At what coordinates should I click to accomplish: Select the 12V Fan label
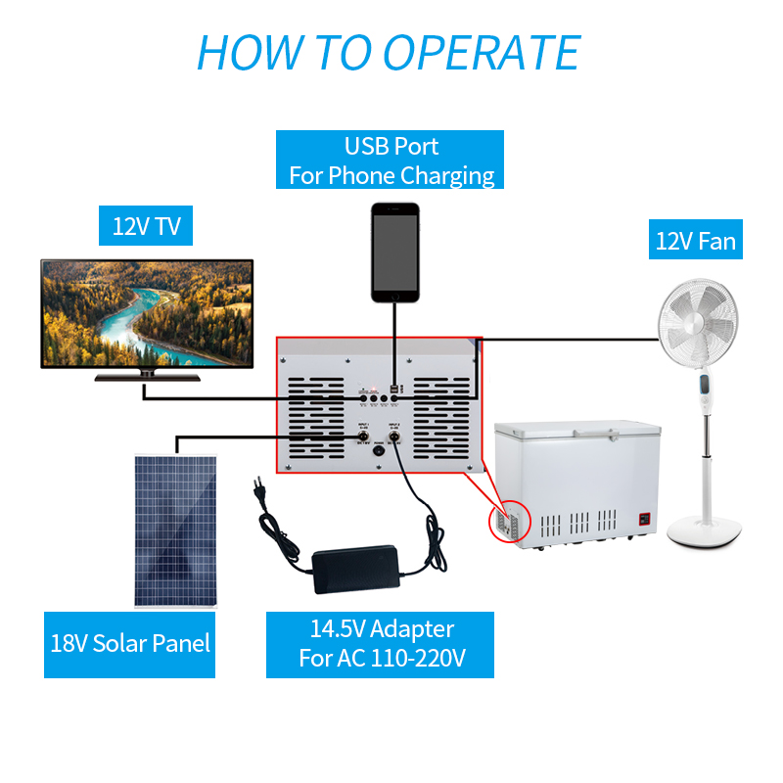(695, 240)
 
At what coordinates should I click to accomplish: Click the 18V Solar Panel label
(129, 644)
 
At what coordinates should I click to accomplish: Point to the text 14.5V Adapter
(382, 628)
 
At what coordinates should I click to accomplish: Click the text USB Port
(391, 147)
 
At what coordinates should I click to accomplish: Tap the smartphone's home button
(394, 294)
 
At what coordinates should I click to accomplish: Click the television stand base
(147, 376)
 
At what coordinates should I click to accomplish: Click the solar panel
(176, 529)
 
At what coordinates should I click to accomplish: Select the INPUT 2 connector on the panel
(396, 439)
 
